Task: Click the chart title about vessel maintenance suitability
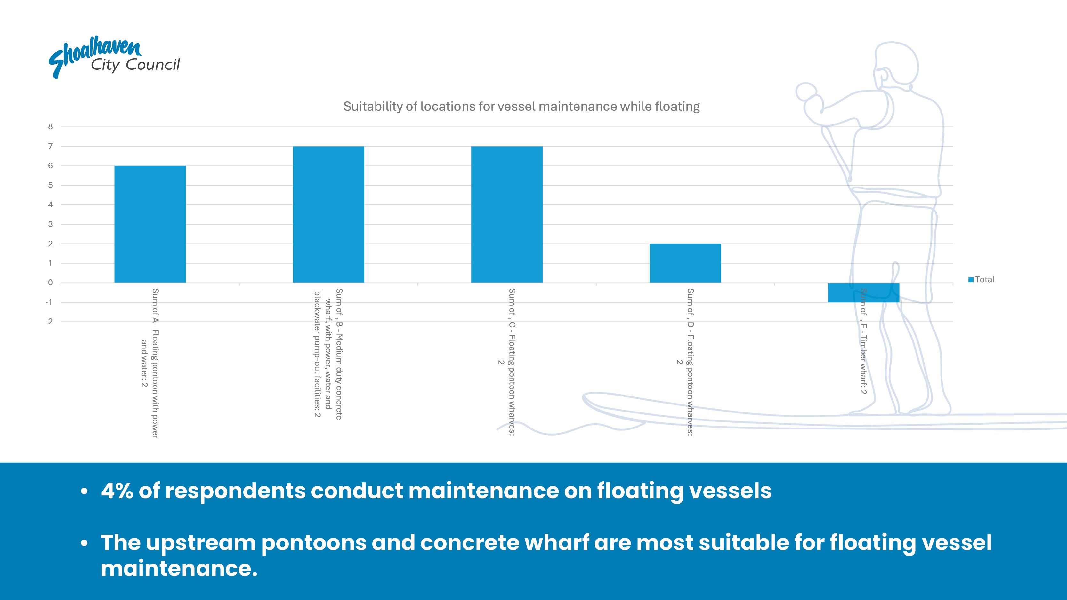pyautogui.click(x=521, y=107)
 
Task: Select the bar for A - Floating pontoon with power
pyautogui.click(x=150, y=224)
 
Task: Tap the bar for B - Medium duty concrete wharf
pyautogui.click(x=328, y=214)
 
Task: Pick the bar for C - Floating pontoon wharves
pyautogui.click(x=507, y=214)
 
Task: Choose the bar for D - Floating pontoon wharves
pyautogui.click(x=685, y=263)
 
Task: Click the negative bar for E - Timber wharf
pyautogui.click(x=864, y=292)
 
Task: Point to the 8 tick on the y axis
pyautogui.click(x=51, y=127)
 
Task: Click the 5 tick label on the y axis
pyautogui.click(x=51, y=185)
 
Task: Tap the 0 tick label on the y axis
pyautogui.click(x=51, y=283)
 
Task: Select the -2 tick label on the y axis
pyautogui.click(x=49, y=321)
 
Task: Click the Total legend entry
pyautogui.click(x=981, y=279)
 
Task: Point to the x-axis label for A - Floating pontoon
pyautogui.click(x=150, y=363)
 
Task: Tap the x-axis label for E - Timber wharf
pyautogui.click(x=863, y=341)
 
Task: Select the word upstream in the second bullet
pyautogui.click(x=201, y=543)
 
